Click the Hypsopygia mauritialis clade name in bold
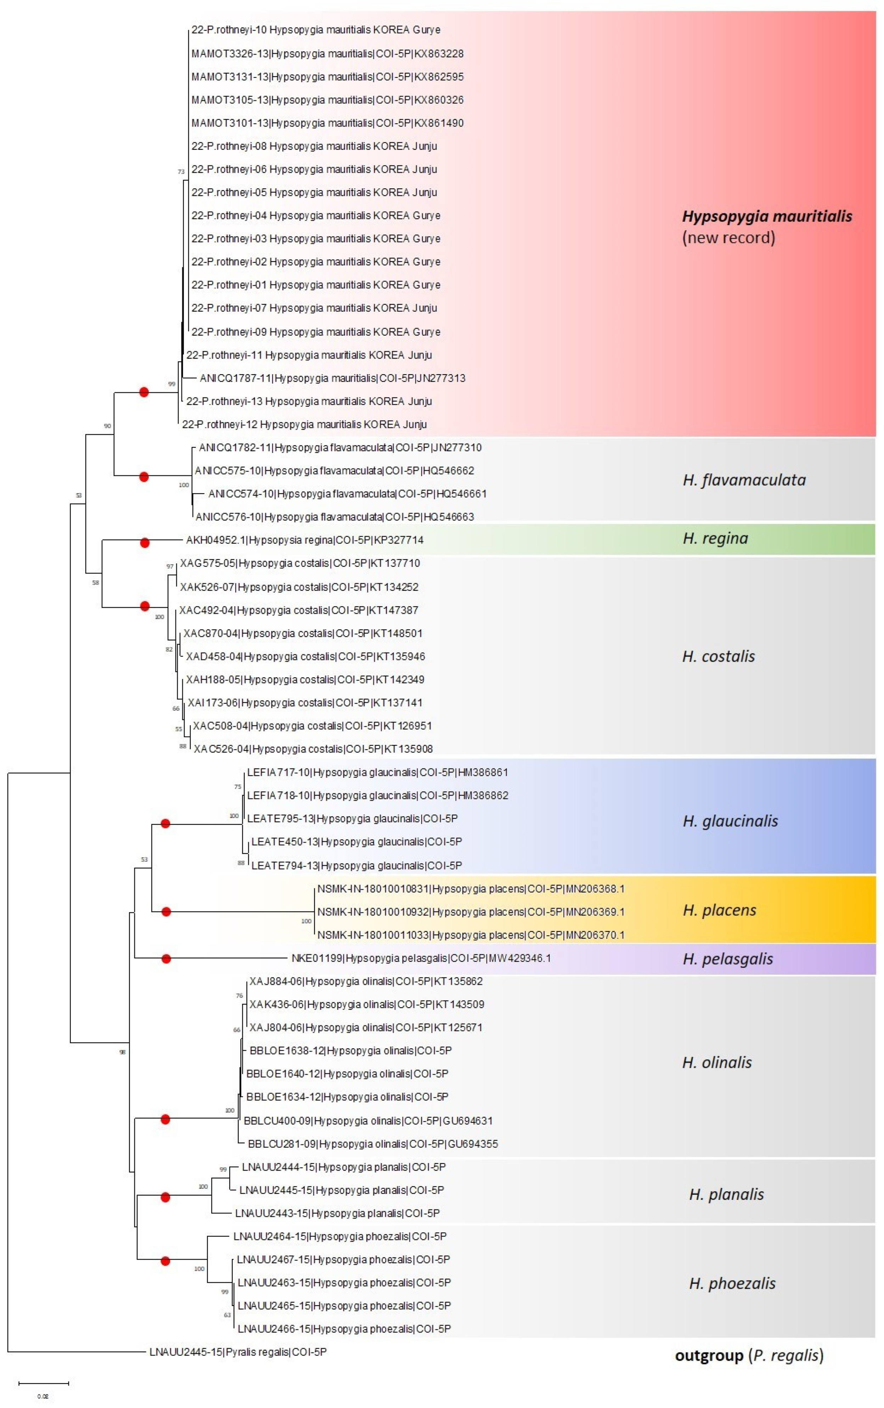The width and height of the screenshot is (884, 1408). (766, 217)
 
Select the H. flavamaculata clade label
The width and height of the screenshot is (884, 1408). (744, 480)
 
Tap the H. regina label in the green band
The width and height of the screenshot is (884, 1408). (715, 538)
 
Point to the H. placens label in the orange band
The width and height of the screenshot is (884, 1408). (719, 910)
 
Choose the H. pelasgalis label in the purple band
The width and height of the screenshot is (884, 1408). (727, 959)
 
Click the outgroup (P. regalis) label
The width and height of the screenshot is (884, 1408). (749, 1355)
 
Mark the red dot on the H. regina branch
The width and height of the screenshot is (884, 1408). (145, 543)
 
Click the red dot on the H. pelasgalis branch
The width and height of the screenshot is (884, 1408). (166, 959)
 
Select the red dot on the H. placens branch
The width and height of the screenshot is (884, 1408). (166, 911)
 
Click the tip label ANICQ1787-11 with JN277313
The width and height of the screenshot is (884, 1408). (332, 378)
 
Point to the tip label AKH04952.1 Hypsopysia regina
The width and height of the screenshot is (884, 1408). (305, 540)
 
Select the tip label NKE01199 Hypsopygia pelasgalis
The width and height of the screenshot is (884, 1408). (421, 958)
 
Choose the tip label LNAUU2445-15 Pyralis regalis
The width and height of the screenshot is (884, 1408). (238, 1351)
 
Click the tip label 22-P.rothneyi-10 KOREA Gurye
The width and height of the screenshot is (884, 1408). (316, 30)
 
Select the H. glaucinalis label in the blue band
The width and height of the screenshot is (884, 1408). (730, 821)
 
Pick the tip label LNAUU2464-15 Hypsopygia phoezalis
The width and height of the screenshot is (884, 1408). (340, 1236)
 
